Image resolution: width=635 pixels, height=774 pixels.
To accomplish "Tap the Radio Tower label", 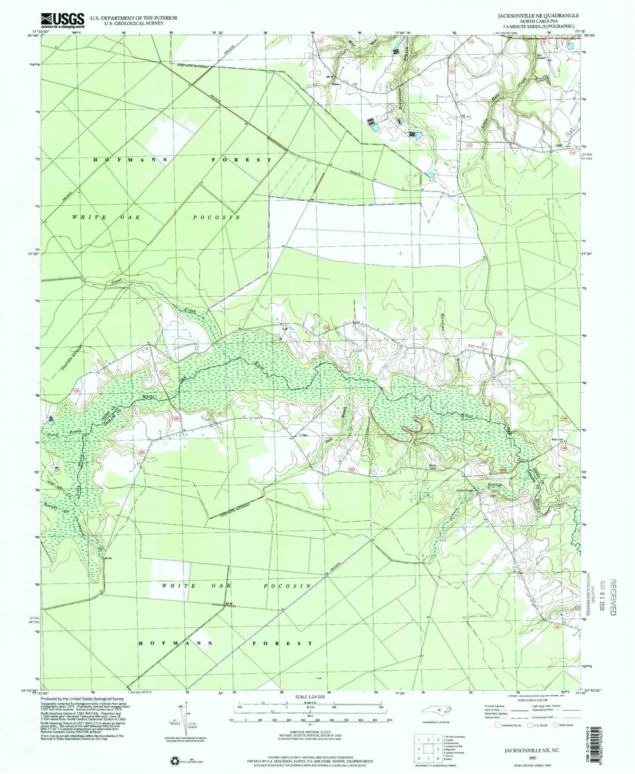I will tap(432, 466).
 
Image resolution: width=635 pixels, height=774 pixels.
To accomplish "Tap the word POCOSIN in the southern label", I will tap(288, 586).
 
